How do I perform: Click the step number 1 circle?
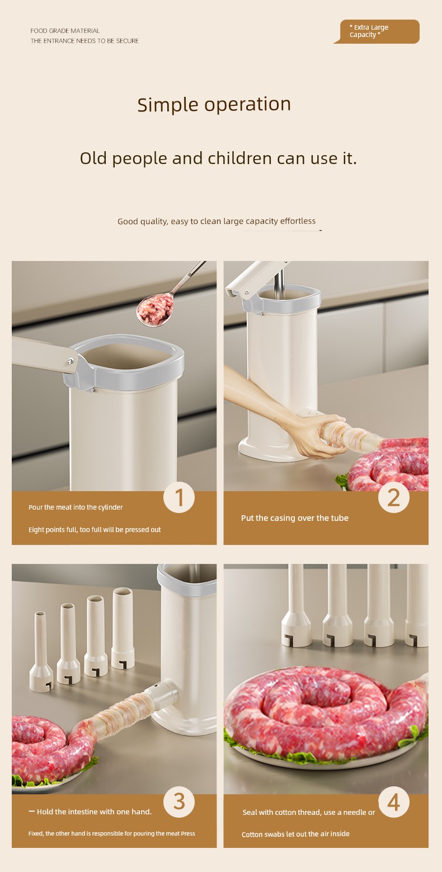pyautogui.click(x=179, y=497)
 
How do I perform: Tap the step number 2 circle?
pyautogui.click(x=394, y=497)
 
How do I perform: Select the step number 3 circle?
pyautogui.click(x=179, y=801)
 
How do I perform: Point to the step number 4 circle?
pyautogui.click(x=394, y=801)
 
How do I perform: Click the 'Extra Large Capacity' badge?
pyautogui.click(x=377, y=31)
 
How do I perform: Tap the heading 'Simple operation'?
pyautogui.click(x=214, y=104)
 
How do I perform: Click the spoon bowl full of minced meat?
pyautogui.click(x=156, y=310)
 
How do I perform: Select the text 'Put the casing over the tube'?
pyautogui.click(x=295, y=517)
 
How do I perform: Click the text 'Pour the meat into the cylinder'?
pyautogui.click(x=76, y=507)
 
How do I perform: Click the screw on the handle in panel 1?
pyautogui.click(x=70, y=361)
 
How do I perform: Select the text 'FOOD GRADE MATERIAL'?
pyautogui.click(x=65, y=31)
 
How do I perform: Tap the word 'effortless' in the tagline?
pyautogui.click(x=298, y=221)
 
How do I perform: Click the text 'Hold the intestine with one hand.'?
pyautogui.click(x=94, y=812)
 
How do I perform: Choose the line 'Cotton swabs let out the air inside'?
pyautogui.click(x=295, y=834)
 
